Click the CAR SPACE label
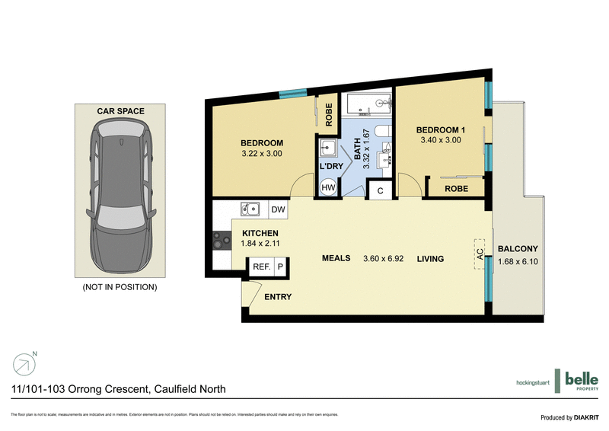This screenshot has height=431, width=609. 120,111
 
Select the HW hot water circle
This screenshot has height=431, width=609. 328,187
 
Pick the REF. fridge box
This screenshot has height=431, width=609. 261,267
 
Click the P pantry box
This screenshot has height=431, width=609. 279,267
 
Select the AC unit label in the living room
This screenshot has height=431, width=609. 480,255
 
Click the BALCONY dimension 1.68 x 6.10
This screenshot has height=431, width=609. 518,262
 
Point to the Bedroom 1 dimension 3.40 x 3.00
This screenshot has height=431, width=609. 442,140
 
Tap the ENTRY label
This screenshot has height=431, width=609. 277,297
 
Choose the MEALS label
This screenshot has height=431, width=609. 335,258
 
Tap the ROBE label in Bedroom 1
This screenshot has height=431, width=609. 455,188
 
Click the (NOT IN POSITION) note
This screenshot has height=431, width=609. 120,287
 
